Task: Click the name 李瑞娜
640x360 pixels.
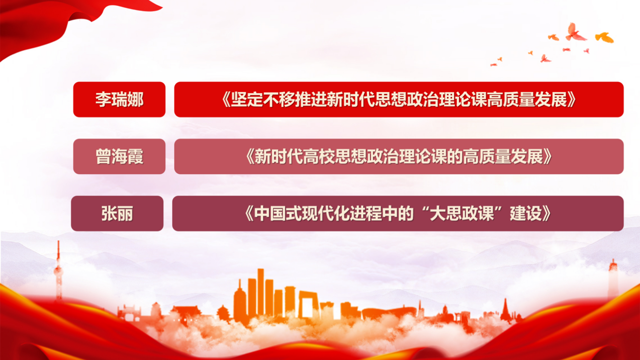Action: [120, 100]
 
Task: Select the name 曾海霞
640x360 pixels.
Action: [120, 156]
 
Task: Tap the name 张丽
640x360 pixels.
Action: [117, 214]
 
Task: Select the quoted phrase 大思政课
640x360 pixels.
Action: [462, 214]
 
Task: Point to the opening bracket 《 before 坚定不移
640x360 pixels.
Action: [226, 100]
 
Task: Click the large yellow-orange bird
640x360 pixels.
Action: [604, 37]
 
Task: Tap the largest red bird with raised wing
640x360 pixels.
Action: [575, 32]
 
